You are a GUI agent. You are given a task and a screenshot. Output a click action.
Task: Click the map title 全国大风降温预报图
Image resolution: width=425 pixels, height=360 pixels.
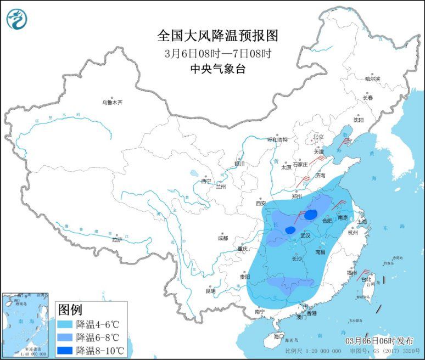217,36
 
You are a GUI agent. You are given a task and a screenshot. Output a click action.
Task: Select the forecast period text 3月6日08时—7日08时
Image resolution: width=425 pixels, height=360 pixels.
218,54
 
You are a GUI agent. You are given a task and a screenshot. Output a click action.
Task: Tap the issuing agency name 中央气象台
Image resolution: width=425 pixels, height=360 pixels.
217,69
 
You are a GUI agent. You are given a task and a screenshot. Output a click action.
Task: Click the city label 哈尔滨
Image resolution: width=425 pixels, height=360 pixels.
373,79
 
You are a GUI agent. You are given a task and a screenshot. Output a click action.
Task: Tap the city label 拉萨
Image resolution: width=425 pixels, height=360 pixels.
117,240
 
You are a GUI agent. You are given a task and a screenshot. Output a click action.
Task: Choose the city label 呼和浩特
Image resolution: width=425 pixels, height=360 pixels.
277,139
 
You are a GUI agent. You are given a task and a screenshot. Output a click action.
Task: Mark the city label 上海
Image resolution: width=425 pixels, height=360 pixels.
361,222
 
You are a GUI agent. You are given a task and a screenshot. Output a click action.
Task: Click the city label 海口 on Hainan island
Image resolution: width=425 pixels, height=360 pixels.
279,336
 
